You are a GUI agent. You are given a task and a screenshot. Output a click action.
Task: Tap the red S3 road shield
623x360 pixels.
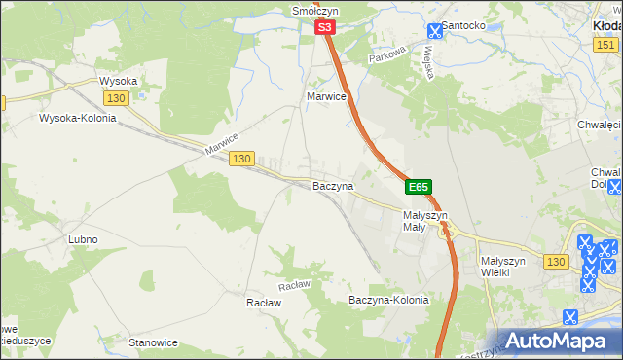[326, 30]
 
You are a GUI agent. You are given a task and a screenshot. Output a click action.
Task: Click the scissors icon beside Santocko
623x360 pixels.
[434, 30]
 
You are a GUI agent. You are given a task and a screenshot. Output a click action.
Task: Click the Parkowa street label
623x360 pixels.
[386, 58]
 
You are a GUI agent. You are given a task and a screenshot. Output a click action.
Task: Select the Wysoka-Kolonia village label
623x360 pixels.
[77, 119]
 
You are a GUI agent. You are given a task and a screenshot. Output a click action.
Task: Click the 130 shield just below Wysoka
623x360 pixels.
[116, 99]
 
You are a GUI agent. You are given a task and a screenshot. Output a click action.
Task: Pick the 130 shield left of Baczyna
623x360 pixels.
[242, 159]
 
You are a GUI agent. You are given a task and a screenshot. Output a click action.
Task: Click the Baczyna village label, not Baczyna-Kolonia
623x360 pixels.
[332, 185]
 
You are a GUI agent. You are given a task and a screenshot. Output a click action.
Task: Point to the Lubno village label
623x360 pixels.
[83, 239]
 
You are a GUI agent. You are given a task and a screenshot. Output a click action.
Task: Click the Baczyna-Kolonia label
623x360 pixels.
[388, 301]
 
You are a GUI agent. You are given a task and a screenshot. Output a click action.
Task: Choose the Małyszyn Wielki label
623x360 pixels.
[503, 268]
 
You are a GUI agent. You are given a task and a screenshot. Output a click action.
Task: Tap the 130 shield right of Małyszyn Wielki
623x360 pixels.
[556, 262]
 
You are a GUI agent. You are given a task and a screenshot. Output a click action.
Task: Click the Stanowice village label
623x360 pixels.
[154, 342]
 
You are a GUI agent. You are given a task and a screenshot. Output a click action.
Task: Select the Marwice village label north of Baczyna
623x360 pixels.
[327, 97]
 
